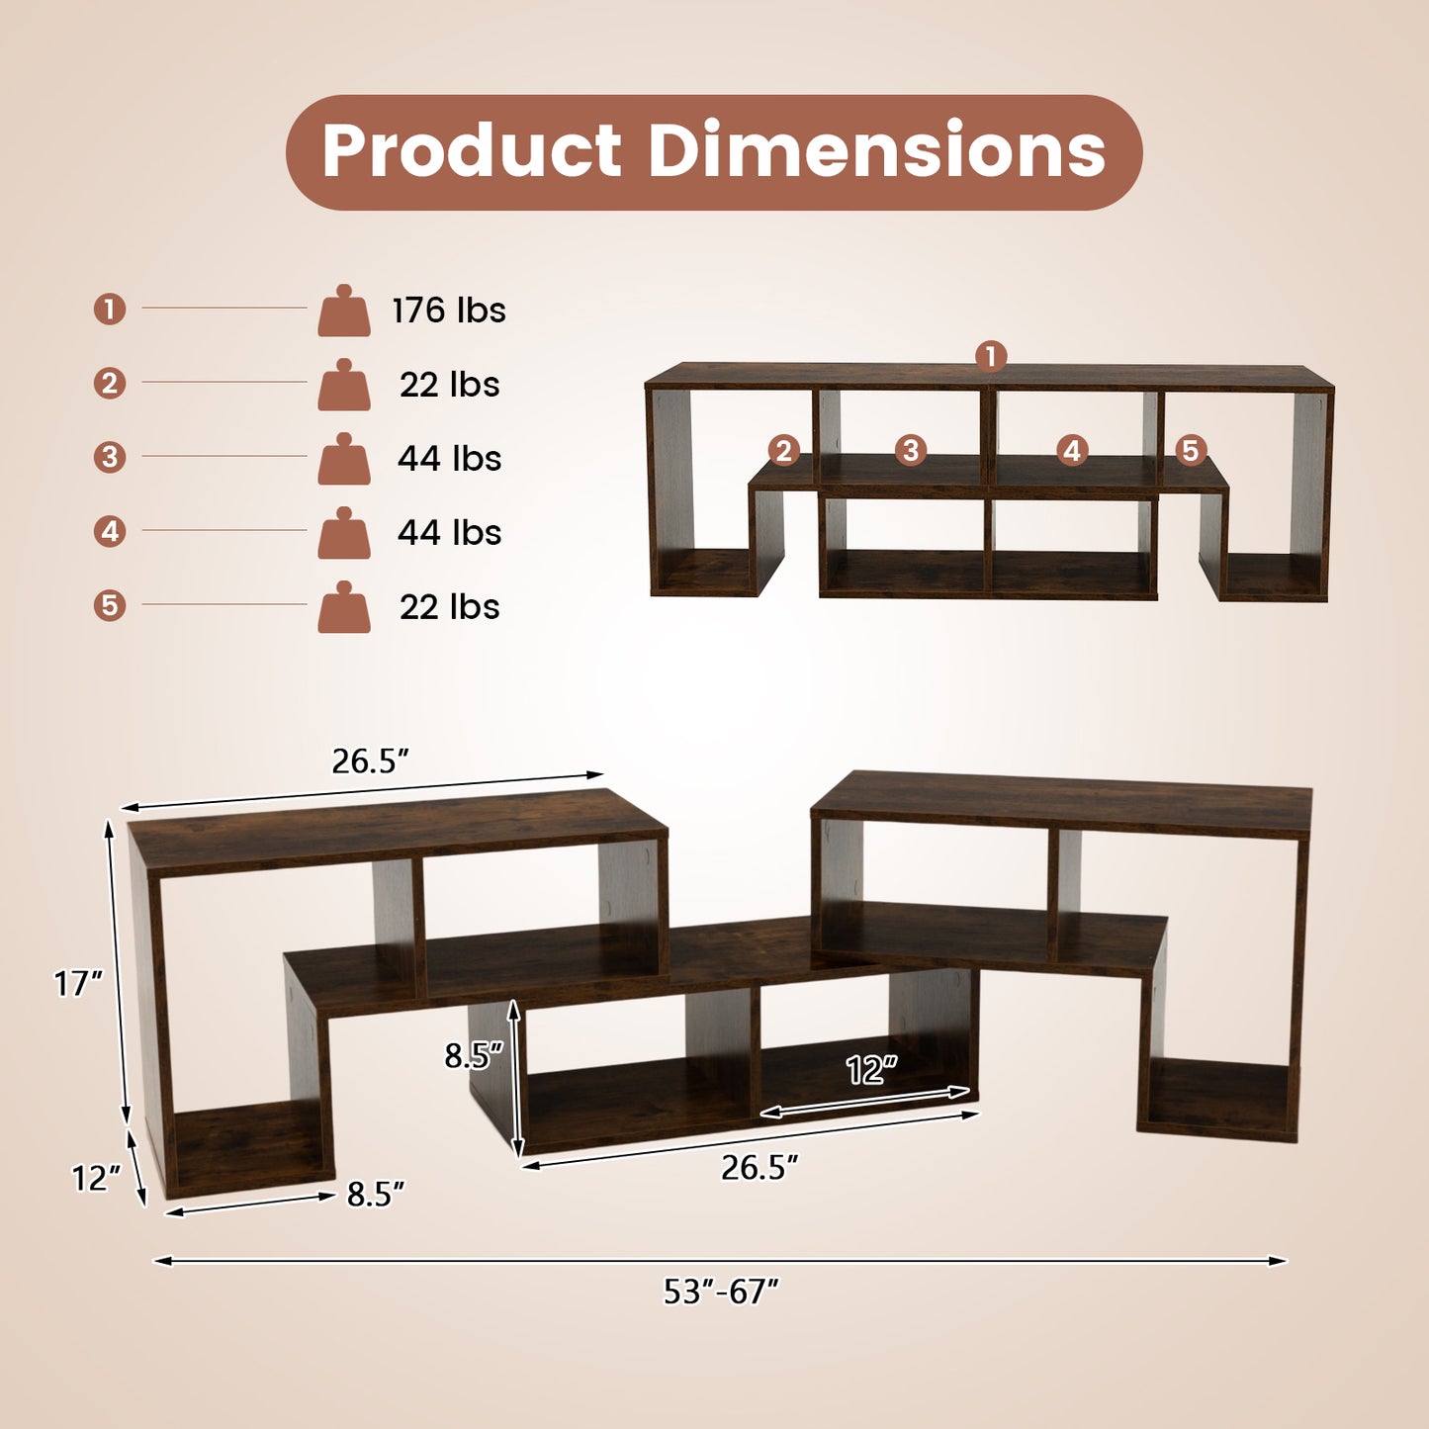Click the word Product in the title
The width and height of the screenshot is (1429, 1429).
click(x=472, y=151)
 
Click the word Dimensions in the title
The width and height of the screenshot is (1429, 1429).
click(x=876, y=151)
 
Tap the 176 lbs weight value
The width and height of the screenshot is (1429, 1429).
click(x=449, y=311)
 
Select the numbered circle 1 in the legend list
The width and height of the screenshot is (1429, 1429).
click(x=110, y=310)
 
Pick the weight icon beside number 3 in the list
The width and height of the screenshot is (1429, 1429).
click(x=344, y=459)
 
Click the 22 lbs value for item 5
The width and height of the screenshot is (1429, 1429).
click(x=449, y=607)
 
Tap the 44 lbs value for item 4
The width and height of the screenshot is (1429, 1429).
click(x=449, y=533)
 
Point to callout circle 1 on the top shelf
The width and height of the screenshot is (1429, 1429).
click(x=991, y=356)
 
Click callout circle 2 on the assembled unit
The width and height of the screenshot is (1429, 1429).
click(x=784, y=451)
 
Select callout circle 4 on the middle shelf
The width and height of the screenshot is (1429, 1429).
click(x=1072, y=451)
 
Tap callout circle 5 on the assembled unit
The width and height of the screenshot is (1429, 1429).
click(x=1191, y=451)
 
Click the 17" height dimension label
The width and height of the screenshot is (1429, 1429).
click(x=78, y=984)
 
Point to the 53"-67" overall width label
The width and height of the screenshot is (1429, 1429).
click(x=721, y=1292)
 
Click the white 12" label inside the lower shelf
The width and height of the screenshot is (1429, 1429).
click(x=871, y=1070)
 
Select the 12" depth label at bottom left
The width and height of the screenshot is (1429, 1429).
click(x=96, y=1178)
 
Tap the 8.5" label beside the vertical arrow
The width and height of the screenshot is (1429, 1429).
click(x=474, y=1056)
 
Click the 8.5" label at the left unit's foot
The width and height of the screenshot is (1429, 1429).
click(x=376, y=1195)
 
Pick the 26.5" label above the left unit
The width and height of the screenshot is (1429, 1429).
click(x=370, y=761)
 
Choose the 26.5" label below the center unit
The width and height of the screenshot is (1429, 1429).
click(x=759, y=1168)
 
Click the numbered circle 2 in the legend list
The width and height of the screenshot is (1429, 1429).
click(x=110, y=384)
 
